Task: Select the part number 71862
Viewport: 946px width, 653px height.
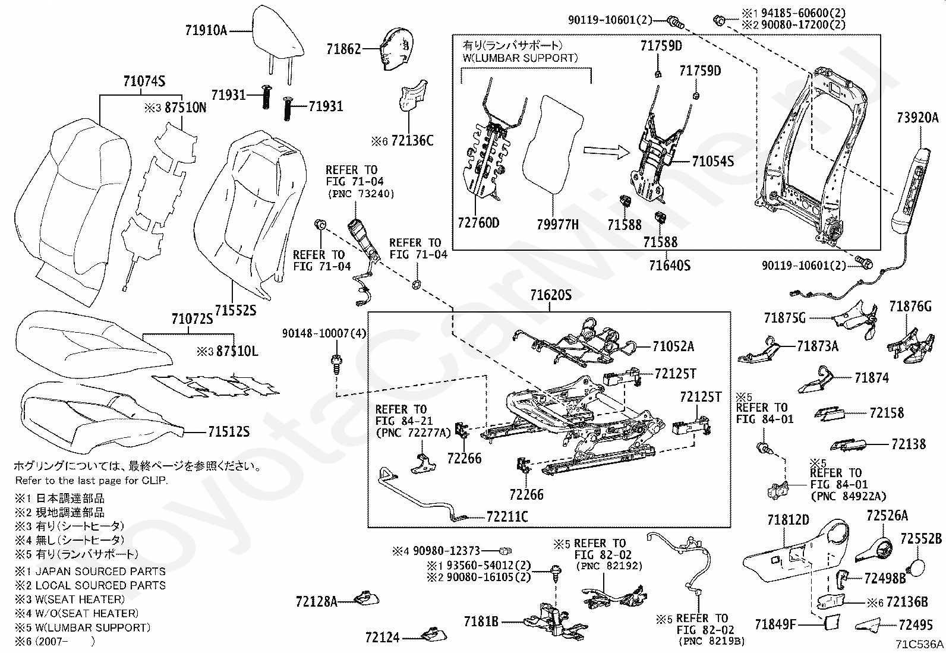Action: (343, 49)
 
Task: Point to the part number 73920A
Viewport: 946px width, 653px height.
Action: (917, 118)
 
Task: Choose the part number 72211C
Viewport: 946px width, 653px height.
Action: (507, 517)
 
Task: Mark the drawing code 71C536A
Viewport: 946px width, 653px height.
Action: (920, 644)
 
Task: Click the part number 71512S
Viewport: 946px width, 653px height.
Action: (229, 431)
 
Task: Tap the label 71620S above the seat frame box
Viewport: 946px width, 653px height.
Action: (551, 295)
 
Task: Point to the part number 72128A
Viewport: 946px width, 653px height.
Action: (316, 602)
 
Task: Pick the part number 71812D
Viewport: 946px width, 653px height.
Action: (788, 520)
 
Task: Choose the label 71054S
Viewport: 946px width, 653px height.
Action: (713, 161)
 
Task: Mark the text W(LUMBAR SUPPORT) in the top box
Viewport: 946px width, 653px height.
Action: (520, 58)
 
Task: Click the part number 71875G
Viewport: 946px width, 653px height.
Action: (784, 318)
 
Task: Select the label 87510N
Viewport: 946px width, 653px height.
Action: (186, 108)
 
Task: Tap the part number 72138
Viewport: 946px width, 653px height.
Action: (909, 444)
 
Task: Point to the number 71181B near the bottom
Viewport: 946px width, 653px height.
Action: (481, 622)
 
